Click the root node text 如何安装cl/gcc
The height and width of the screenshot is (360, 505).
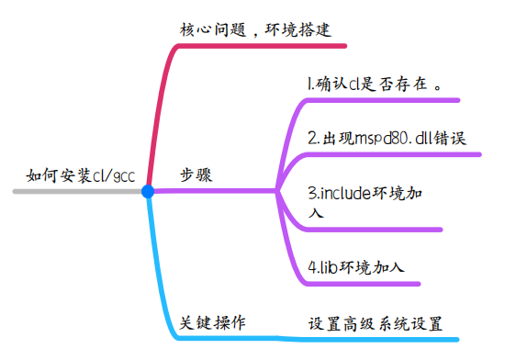point(82,175)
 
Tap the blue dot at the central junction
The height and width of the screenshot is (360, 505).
point(148,191)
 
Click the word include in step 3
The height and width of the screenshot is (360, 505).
point(344,194)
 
